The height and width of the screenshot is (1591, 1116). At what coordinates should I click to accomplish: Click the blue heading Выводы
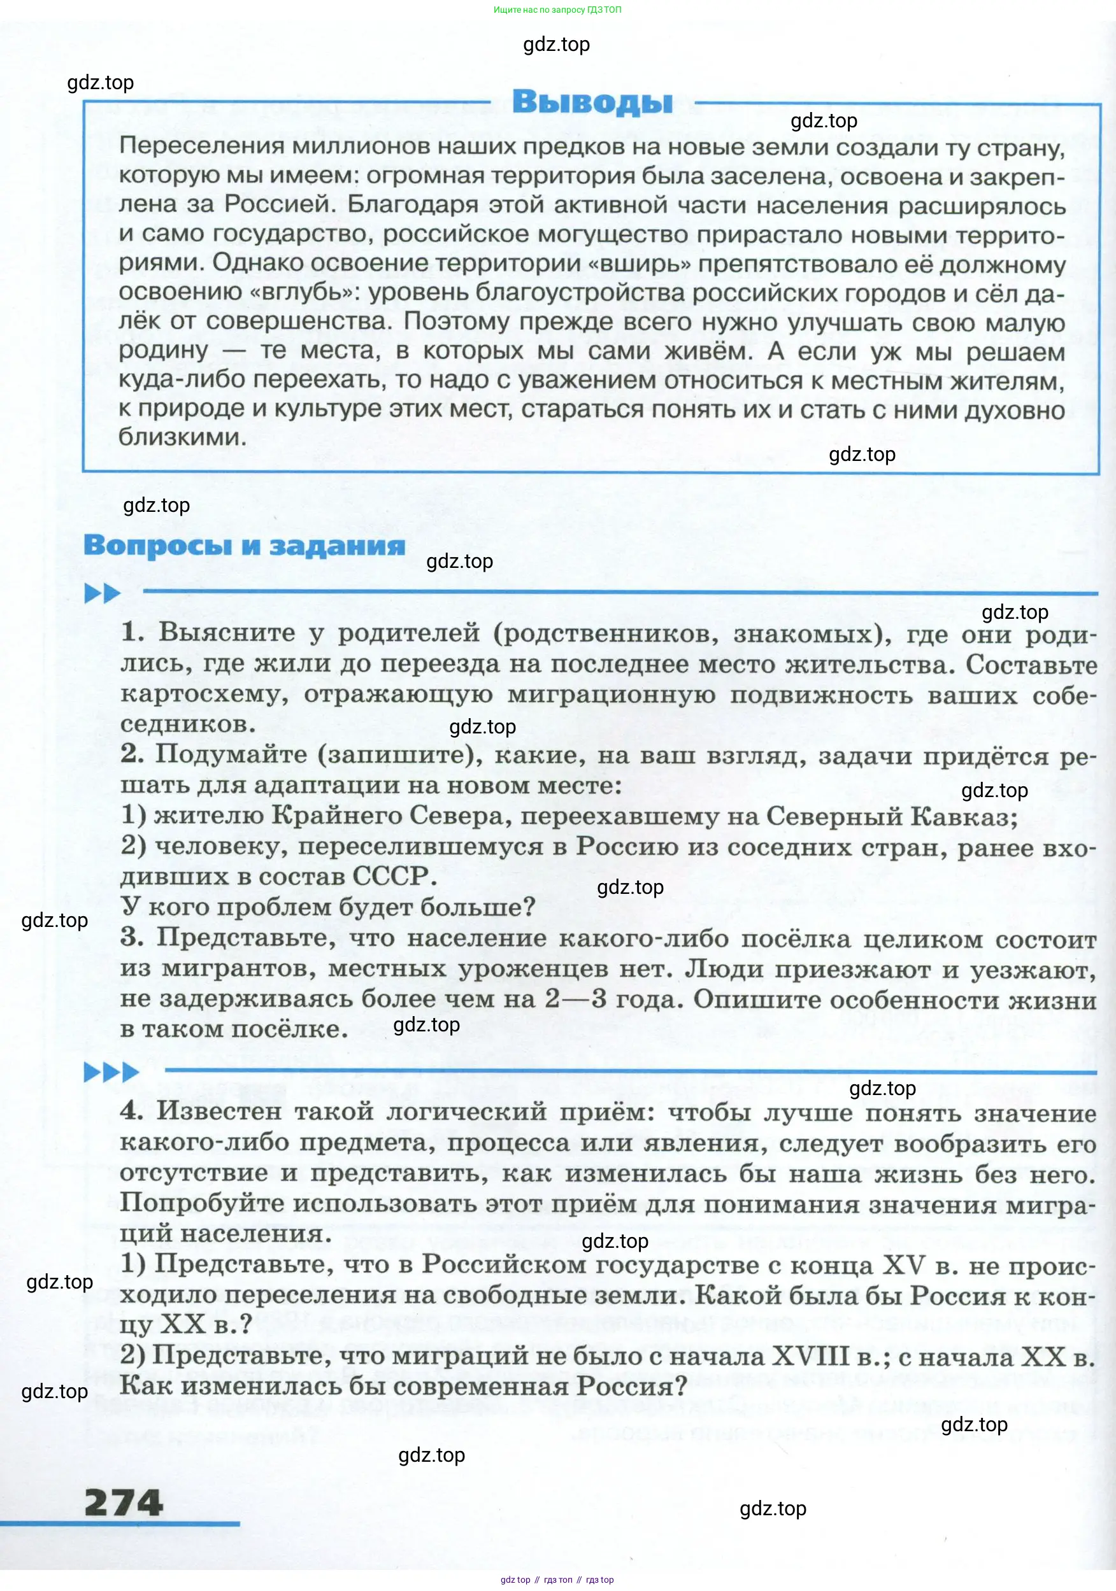pyautogui.click(x=592, y=102)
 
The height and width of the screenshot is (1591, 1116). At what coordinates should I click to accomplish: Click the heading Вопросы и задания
pyautogui.click(x=244, y=546)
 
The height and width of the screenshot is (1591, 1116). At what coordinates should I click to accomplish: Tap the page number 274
pyautogui.click(x=124, y=1503)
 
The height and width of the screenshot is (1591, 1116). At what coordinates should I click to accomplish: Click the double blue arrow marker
pyautogui.click(x=102, y=593)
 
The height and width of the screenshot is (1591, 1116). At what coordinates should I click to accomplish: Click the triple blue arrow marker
pyautogui.click(x=111, y=1072)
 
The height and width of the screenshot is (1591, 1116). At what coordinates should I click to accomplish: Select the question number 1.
pyautogui.click(x=132, y=632)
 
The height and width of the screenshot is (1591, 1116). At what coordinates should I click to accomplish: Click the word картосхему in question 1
pyautogui.click(x=204, y=694)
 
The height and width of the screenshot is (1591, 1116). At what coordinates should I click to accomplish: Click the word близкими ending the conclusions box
pyautogui.click(x=182, y=437)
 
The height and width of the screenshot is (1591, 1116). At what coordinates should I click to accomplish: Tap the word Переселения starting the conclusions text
pyautogui.click(x=201, y=146)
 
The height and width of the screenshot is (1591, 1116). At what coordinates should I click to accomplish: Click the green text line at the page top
pyautogui.click(x=557, y=10)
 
